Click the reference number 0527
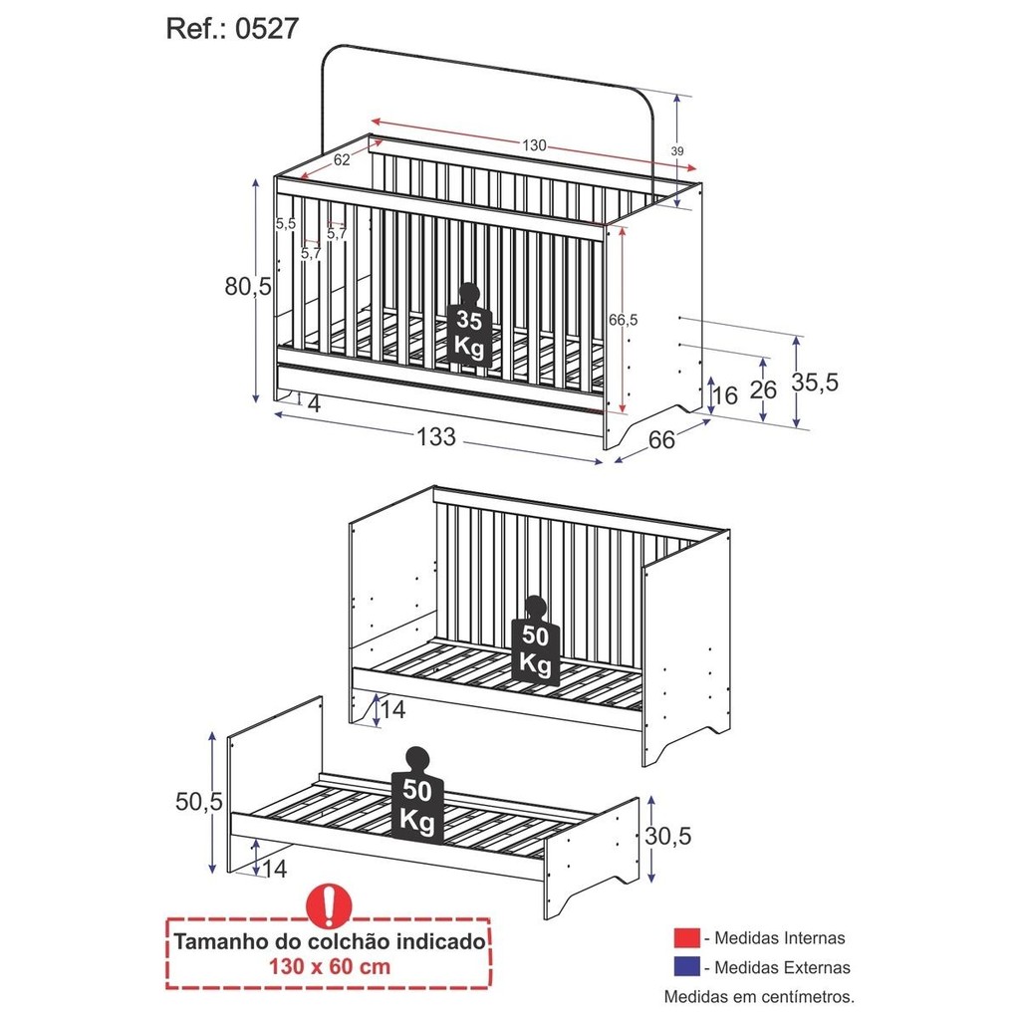click(267, 29)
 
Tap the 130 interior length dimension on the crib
click(534, 145)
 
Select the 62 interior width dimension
click(342, 159)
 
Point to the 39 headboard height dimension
click(677, 151)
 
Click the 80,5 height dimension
click(248, 286)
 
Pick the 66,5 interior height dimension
click(624, 320)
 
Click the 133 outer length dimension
click(436, 437)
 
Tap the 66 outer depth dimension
click(661, 440)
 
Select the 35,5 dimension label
click(815, 382)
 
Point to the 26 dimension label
click(763, 389)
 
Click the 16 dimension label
click(725, 395)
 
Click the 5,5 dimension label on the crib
click(286, 224)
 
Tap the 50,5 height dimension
click(199, 802)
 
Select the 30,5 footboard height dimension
click(668, 836)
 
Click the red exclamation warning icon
click(329, 905)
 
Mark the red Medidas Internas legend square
click(687, 937)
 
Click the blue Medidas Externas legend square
click(687, 966)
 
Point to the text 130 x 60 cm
click(330, 966)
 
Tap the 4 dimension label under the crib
click(314, 404)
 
